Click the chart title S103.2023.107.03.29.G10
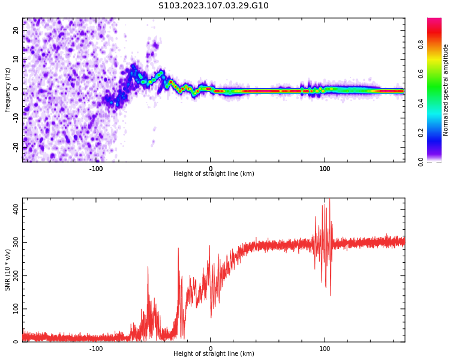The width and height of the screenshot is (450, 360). point(214,6)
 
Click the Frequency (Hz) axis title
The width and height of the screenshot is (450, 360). point(8,90)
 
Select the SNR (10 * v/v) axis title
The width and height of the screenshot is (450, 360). point(8,270)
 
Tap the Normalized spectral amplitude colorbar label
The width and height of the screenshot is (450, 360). point(446,90)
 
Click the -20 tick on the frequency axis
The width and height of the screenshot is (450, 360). point(16,146)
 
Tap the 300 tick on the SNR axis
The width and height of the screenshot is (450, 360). point(15,242)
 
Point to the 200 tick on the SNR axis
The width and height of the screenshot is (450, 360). point(15,276)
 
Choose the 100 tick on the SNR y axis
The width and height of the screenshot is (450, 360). point(15,309)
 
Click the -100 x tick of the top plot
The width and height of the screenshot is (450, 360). point(96,169)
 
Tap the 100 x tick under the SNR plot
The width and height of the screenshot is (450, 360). point(325,349)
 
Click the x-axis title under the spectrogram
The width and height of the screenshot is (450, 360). point(214,174)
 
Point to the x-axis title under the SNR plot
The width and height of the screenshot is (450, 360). point(214,354)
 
